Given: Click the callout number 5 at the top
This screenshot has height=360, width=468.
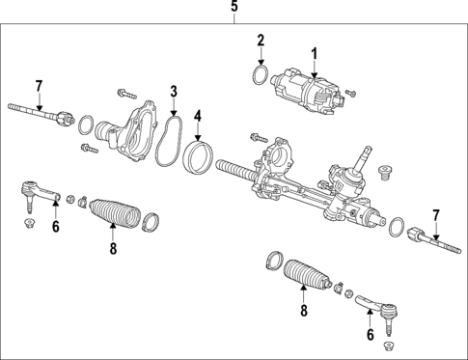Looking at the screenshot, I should [x=234, y=9].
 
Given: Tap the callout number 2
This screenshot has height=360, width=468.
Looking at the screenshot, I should [x=260, y=40].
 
